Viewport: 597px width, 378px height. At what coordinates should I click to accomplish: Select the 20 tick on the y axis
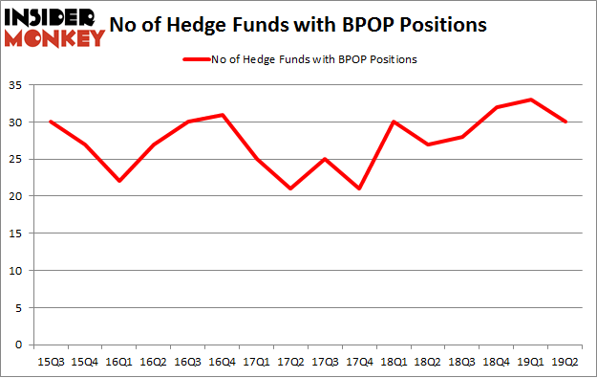[18, 196]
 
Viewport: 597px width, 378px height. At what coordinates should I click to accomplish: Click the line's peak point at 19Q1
[531, 100]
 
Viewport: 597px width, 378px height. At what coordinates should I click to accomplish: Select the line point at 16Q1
[118, 181]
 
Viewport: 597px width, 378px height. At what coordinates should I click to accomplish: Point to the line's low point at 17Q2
[290, 189]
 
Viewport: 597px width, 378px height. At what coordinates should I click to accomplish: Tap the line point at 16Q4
[222, 115]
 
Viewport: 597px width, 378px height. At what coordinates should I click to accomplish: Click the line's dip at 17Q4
[359, 189]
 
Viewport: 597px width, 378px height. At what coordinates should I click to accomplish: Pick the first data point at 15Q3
[50, 122]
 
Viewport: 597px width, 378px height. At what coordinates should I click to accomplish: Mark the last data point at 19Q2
[565, 122]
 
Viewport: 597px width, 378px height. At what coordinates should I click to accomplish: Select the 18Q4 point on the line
[497, 107]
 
